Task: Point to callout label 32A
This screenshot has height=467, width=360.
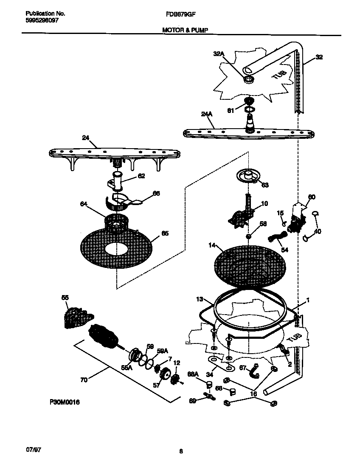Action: click(218, 53)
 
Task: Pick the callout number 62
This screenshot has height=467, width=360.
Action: click(141, 176)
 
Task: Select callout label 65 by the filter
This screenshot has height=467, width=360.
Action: click(165, 233)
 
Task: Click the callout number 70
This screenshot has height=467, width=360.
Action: click(84, 380)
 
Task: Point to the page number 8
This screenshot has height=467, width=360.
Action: click(181, 451)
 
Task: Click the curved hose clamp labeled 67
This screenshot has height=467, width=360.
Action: click(255, 371)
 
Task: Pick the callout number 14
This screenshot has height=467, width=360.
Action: click(212, 245)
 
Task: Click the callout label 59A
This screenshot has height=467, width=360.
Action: click(162, 351)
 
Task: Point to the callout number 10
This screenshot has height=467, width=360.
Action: click(264, 204)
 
